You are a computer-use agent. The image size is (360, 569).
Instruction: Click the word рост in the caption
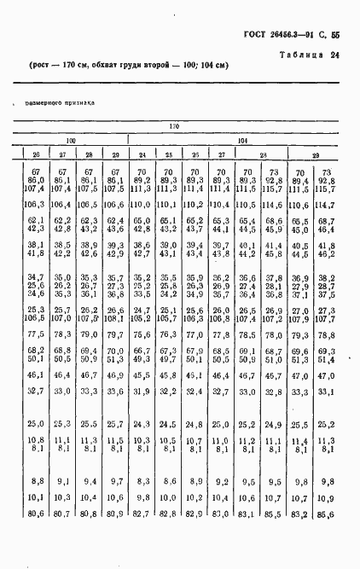point(42,67)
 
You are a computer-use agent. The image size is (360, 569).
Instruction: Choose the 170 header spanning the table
point(174,127)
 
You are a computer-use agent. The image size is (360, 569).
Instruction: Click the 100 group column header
point(73,139)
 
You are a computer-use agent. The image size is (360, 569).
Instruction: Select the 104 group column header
point(243,139)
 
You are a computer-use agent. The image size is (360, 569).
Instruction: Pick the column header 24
point(142,154)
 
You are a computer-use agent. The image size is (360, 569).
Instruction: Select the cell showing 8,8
point(36,480)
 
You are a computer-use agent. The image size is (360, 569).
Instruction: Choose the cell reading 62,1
point(35,220)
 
